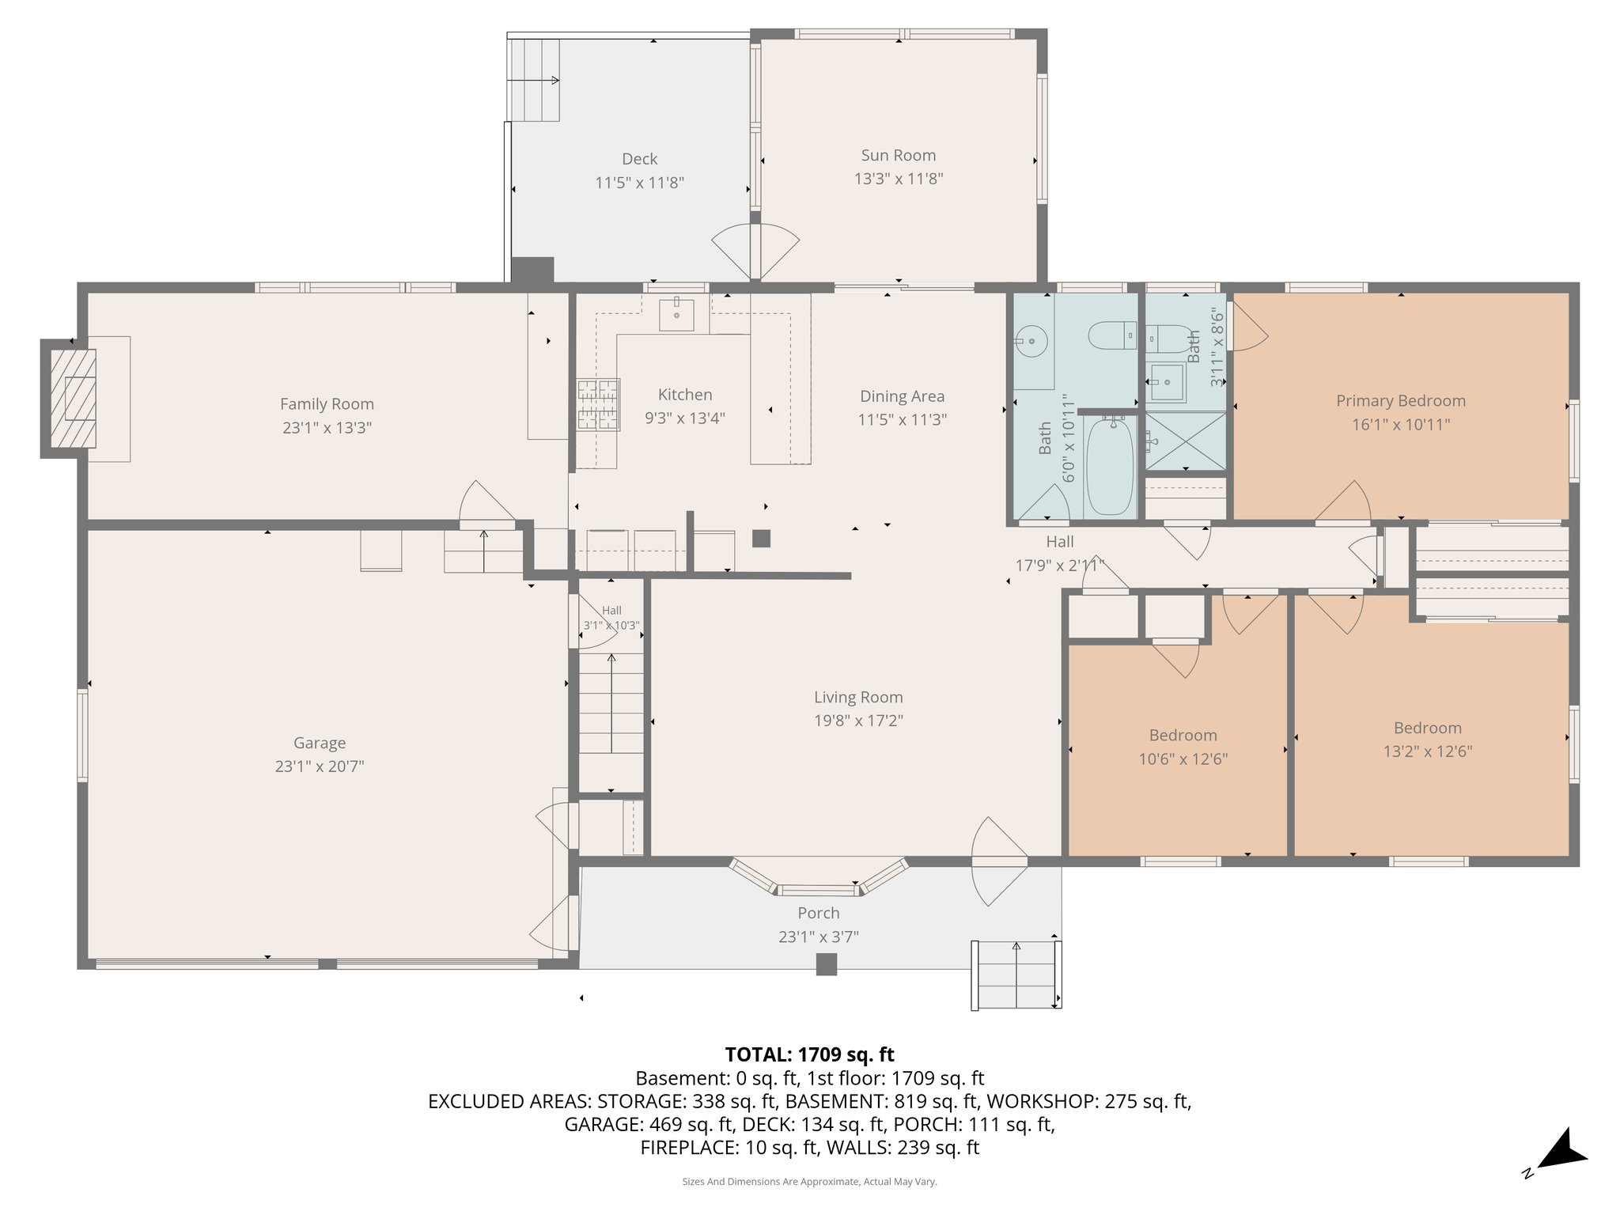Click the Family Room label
pyautogui.click(x=327, y=404)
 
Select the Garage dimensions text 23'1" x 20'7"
pyautogui.click(x=320, y=766)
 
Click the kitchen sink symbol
pyautogui.click(x=677, y=314)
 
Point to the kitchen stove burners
pyautogui.click(x=598, y=404)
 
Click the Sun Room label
pyautogui.click(x=899, y=156)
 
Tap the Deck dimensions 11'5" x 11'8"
pyautogui.click(x=639, y=183)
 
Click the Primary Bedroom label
pyautogui.click(x=1401, y=401)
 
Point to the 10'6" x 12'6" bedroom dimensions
pyautogui.click(x=1183, y=759)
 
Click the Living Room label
pyautogui.click(x=858, y=698)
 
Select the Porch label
pyautogui.click(x=819, y=914)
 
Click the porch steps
pyautogui.click(x=1016, y=975)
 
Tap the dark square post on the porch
pyautogui.click(x=827, y=964)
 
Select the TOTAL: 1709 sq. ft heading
pyautogui.click(x=809, y=1054)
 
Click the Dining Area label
pyautogui.click(x=902, y=396)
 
